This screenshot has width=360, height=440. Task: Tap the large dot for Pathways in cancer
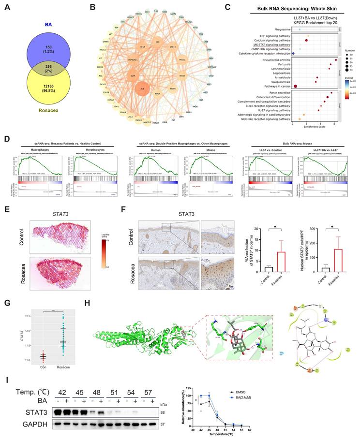[x=295, y=86]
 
